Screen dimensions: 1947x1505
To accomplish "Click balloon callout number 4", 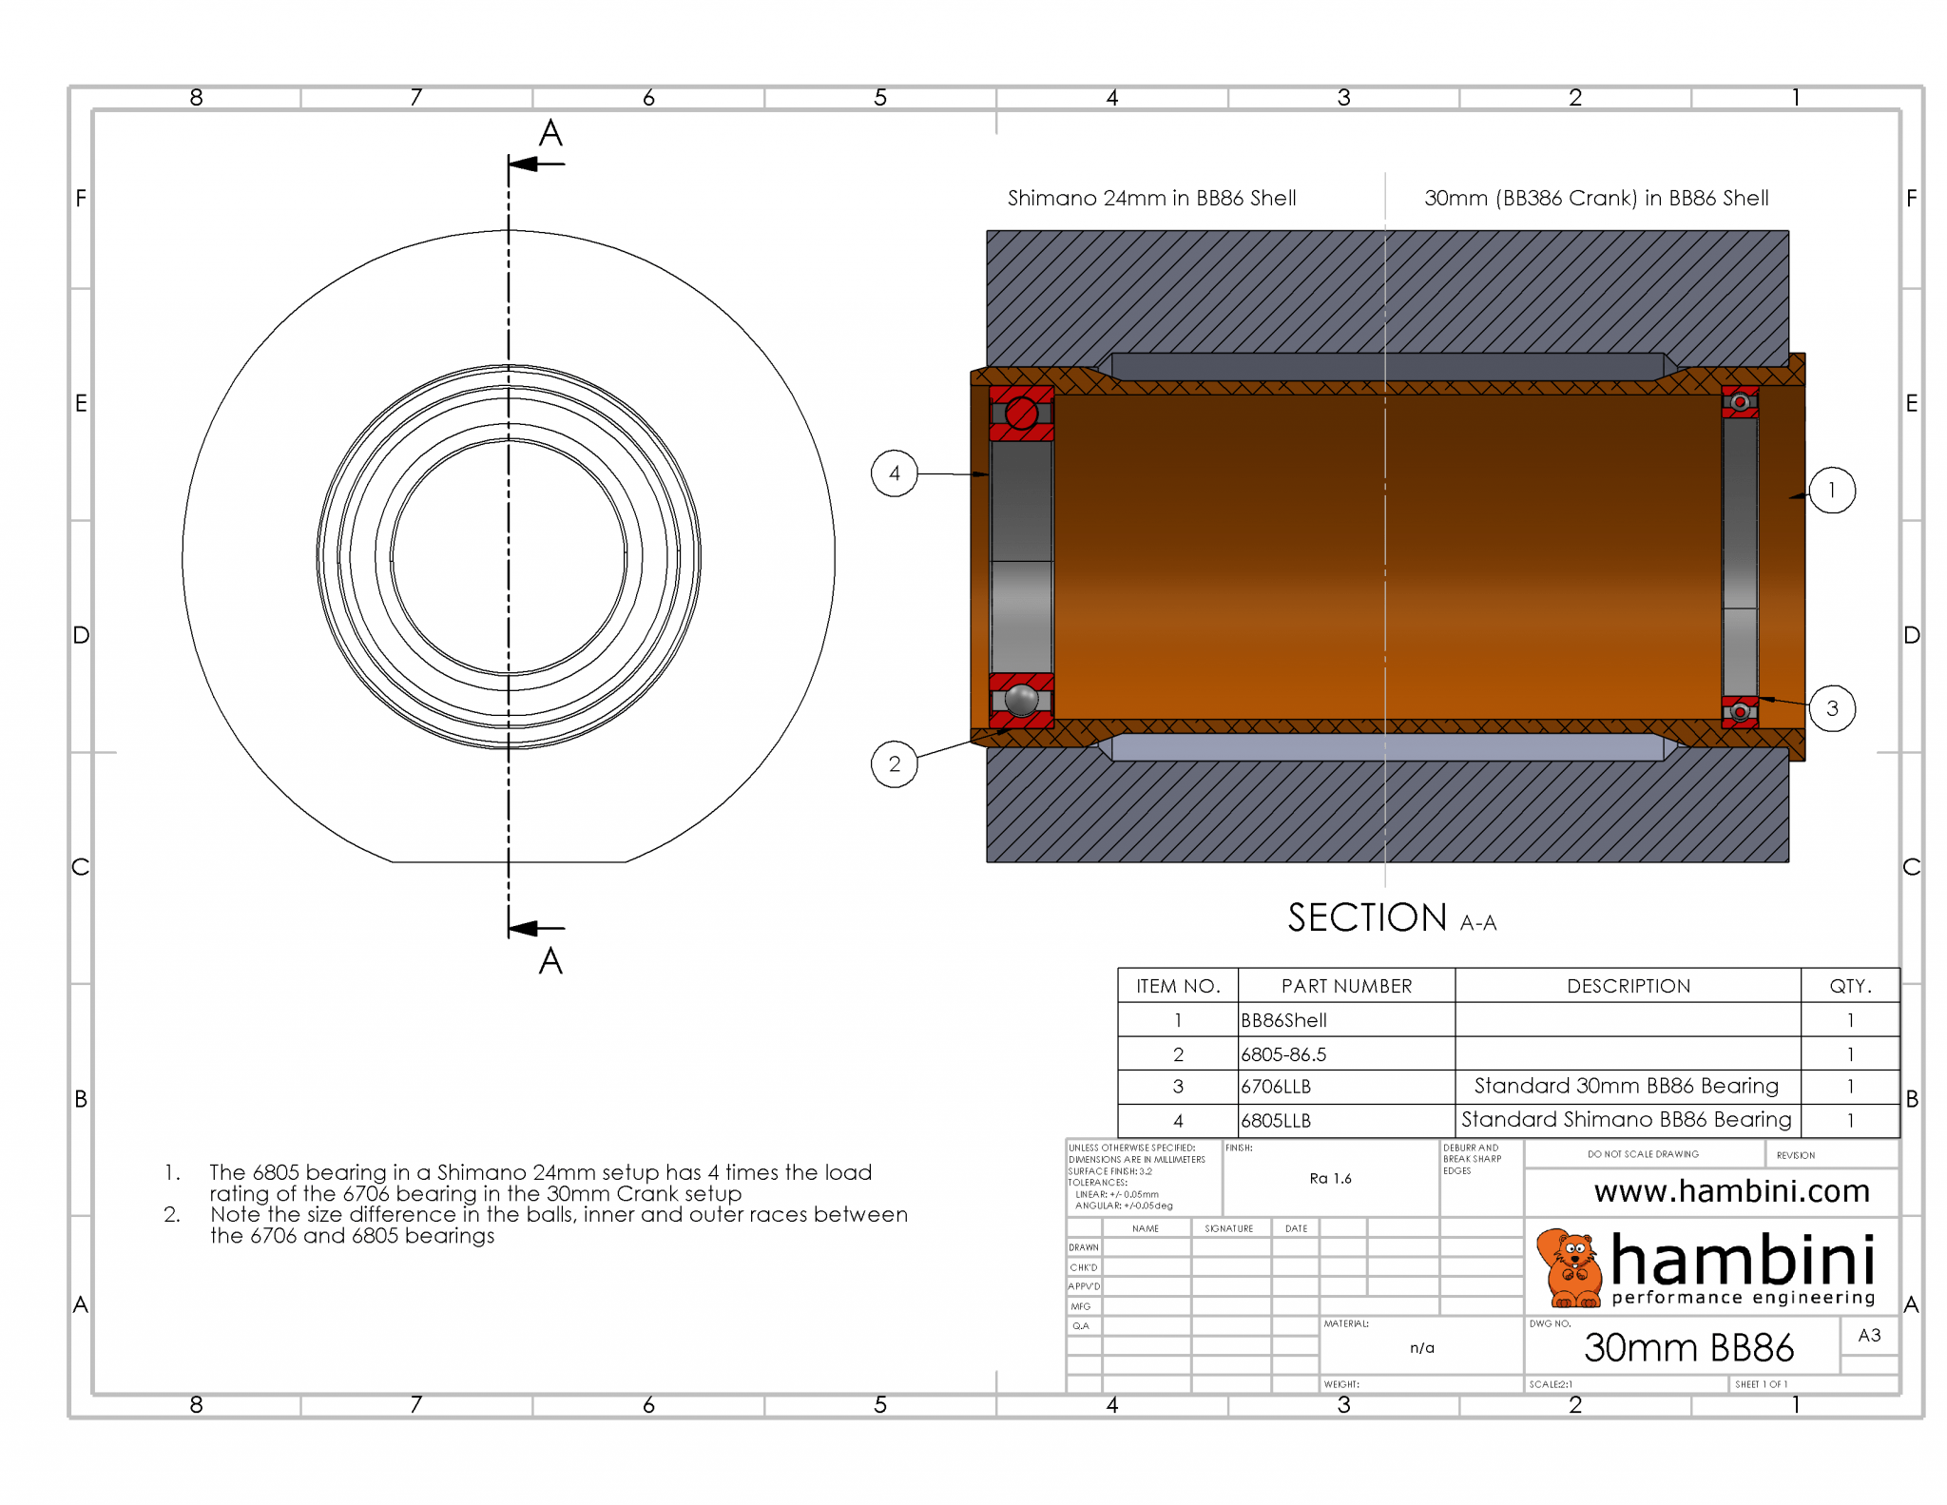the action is (x=894, y=473).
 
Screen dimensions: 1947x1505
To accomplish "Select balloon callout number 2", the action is (x=894, y=763).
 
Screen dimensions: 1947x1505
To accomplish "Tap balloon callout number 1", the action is (x=1831, y=491).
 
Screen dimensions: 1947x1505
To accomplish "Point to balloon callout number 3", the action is (x=1831, y=708).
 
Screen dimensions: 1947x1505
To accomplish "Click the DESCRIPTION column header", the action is (x=1628, y=986).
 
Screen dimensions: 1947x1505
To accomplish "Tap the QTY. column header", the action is (x=1850, y=986).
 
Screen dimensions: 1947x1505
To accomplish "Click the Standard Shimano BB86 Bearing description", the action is (x=1626, y=1120).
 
